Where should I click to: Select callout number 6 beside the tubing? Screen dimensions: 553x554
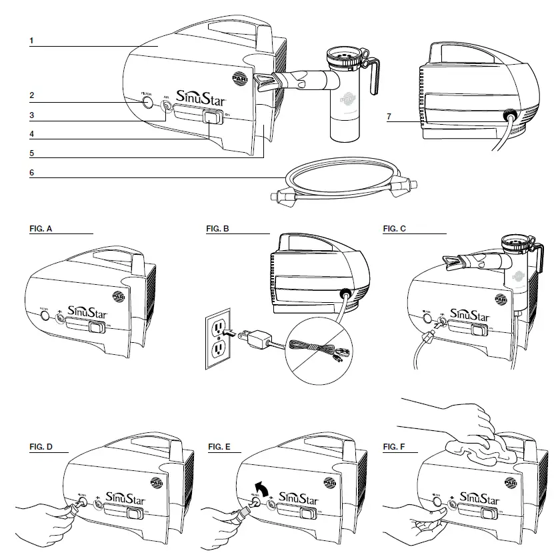coord(31,172)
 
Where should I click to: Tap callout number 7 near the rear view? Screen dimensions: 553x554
coord(389,117)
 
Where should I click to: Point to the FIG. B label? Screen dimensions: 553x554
coord(219,229)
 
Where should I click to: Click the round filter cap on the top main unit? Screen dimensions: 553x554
coord(147,104)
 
